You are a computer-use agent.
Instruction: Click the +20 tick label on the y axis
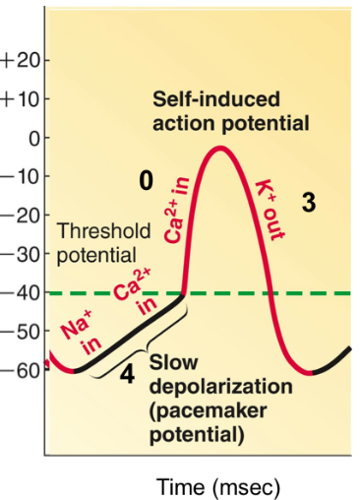coord(20,60)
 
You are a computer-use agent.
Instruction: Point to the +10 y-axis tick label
coord(20,99)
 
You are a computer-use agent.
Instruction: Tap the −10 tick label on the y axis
coord(20,176)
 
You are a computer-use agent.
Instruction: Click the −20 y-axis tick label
coord(20,215)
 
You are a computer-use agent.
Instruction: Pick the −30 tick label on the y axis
coord(20,254)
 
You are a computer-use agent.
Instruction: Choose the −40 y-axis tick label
coord(20,292)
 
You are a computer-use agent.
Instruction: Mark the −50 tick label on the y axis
coord(20,331)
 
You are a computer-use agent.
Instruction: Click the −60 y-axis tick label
coord(20,369)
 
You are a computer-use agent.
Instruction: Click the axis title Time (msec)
coord(218,486)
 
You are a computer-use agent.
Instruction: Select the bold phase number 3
coord(309,203)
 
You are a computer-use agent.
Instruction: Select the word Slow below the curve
coord(172,363)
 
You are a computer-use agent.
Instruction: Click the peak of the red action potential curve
coord(222,148)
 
